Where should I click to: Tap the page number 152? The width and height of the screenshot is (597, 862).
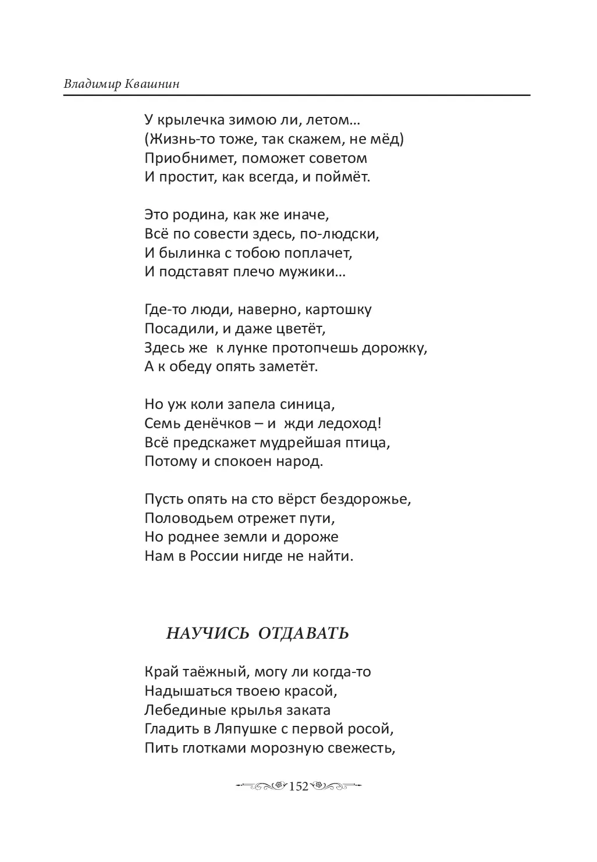(x=298, y=786)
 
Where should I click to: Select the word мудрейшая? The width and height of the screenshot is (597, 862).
(x=302, y=443)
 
